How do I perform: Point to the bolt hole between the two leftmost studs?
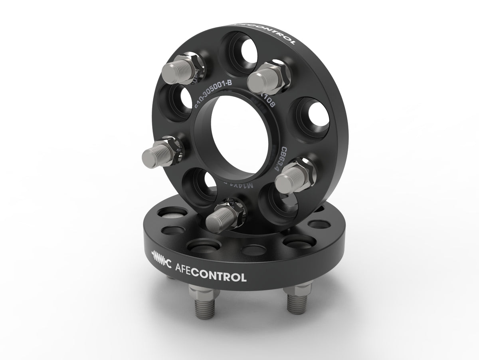pyautogui.click(x=172, y=105)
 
